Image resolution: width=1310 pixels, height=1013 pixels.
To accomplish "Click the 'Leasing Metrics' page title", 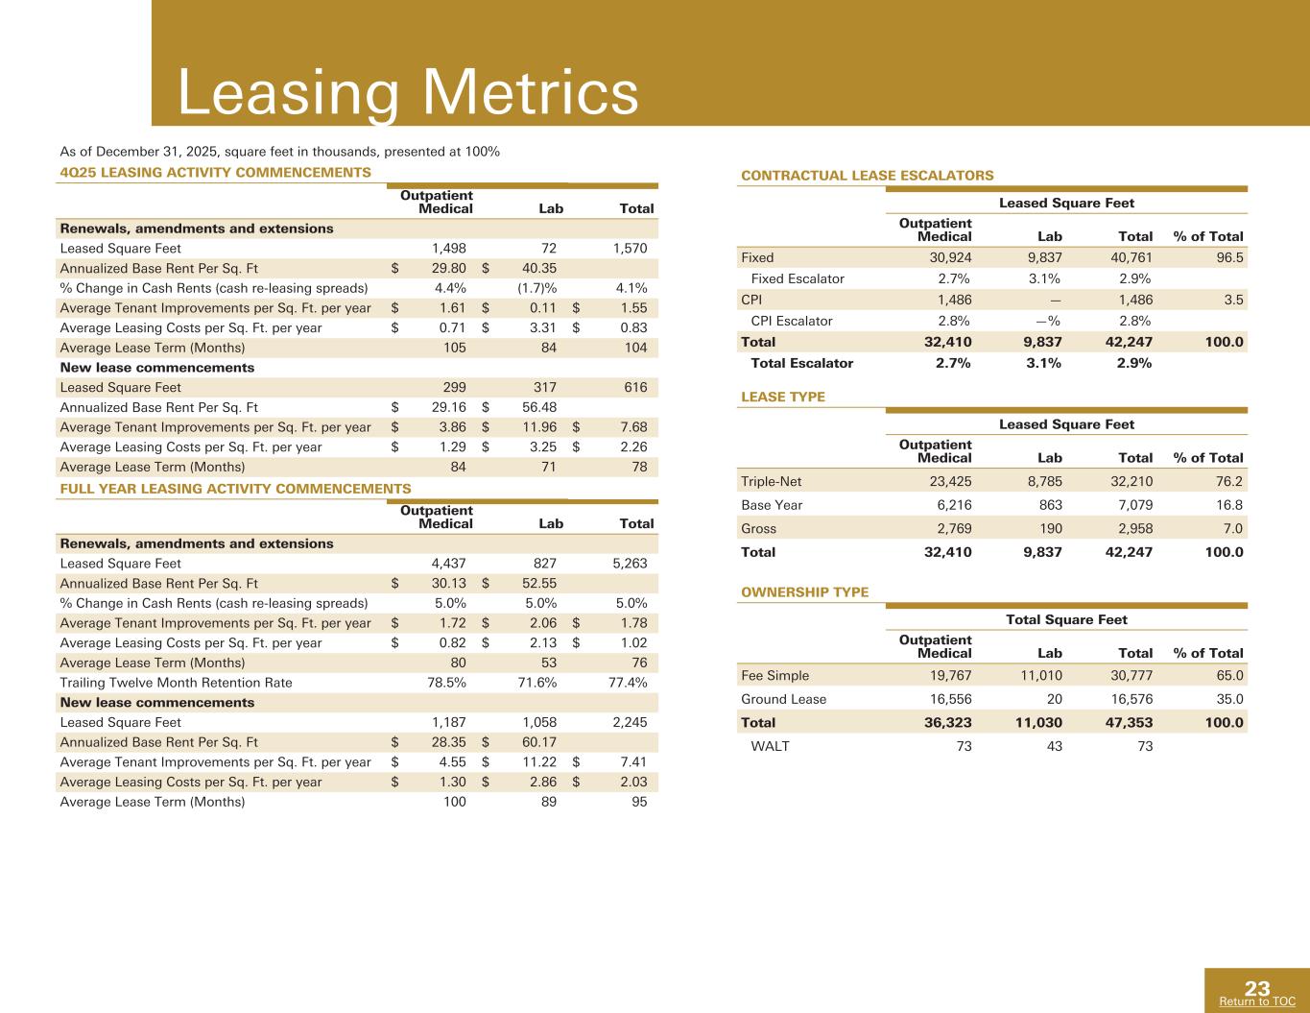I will (408, 93).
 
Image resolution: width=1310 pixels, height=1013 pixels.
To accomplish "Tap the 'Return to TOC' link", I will (1256, 1001).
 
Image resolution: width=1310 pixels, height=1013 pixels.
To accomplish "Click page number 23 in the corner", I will (1257, 988).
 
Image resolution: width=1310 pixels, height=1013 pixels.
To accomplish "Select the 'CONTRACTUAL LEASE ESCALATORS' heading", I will (868, 176).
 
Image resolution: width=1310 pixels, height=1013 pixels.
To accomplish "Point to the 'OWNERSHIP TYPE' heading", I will (804, 592).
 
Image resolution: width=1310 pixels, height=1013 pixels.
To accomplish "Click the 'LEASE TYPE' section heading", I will (782, 398).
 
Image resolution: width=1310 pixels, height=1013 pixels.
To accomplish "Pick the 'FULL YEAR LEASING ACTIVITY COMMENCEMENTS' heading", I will (235, 489).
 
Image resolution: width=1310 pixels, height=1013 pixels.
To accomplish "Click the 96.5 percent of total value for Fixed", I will (1229, 257).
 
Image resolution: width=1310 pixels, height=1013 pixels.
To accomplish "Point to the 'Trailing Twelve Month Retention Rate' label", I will (176, 683).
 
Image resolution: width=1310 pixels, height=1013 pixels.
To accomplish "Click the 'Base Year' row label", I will (772, 505).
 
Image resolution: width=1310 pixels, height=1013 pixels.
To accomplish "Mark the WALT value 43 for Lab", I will (1054, 746).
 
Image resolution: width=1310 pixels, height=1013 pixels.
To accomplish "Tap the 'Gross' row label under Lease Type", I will (759, 529).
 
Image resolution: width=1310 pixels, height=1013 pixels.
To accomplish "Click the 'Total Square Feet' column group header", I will (1066, 620).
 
